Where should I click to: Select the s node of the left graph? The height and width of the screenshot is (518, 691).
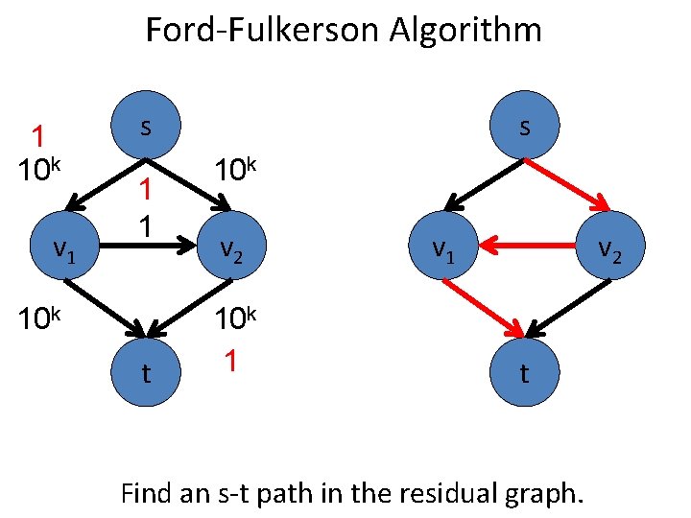pyautogui.click(x=145, y=127)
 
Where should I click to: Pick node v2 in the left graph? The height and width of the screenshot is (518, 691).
pyautogui.click(x=229, y=249)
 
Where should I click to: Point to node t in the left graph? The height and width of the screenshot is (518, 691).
pyautogui.click(x=145, y=373)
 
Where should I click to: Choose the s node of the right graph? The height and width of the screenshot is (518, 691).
pyautogui.click(x=523, y=127)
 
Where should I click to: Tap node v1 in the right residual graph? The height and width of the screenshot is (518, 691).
pyautogui.click(x=442, y=249)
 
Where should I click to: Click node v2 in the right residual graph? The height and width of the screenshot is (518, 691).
pyautogui.click(x=607, y=249)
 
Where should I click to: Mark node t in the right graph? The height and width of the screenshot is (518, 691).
pyautogui.click(x=523, y=373)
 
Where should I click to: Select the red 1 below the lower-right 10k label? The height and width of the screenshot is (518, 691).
pyautogui.click(x=229, y=362)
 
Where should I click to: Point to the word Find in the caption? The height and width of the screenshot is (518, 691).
pyautogui.click(x=146, y=494)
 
